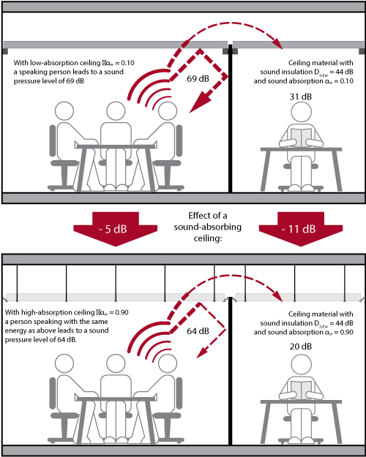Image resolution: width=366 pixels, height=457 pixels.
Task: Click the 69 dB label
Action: click(x=198, y=79)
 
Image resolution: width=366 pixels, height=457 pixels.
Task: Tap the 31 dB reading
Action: click(x=301, y=97)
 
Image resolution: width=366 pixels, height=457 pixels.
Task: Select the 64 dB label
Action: click(x=198, y=331)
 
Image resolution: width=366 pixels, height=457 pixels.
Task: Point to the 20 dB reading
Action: click(x=301, y=347)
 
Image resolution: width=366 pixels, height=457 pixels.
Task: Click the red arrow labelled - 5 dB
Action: click(x=115, y=229)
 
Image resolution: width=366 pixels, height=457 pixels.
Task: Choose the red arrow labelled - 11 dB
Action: click(x=301, y=229)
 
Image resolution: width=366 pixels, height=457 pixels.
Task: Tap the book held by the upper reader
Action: click(x=301, y=137)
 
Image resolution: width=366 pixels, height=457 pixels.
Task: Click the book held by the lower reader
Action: click(x=301, y=390)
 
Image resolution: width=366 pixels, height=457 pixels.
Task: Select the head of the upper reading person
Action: click(x=301, y=112)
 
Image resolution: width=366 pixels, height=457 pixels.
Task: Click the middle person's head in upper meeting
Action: click(x=116, y=111)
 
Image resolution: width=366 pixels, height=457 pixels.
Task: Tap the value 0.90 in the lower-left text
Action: click(x=122, y=313)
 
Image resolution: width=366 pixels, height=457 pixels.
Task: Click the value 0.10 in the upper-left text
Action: click(x=128, y=63)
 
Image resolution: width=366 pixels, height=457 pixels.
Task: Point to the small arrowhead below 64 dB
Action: click(x=201, y=353)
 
